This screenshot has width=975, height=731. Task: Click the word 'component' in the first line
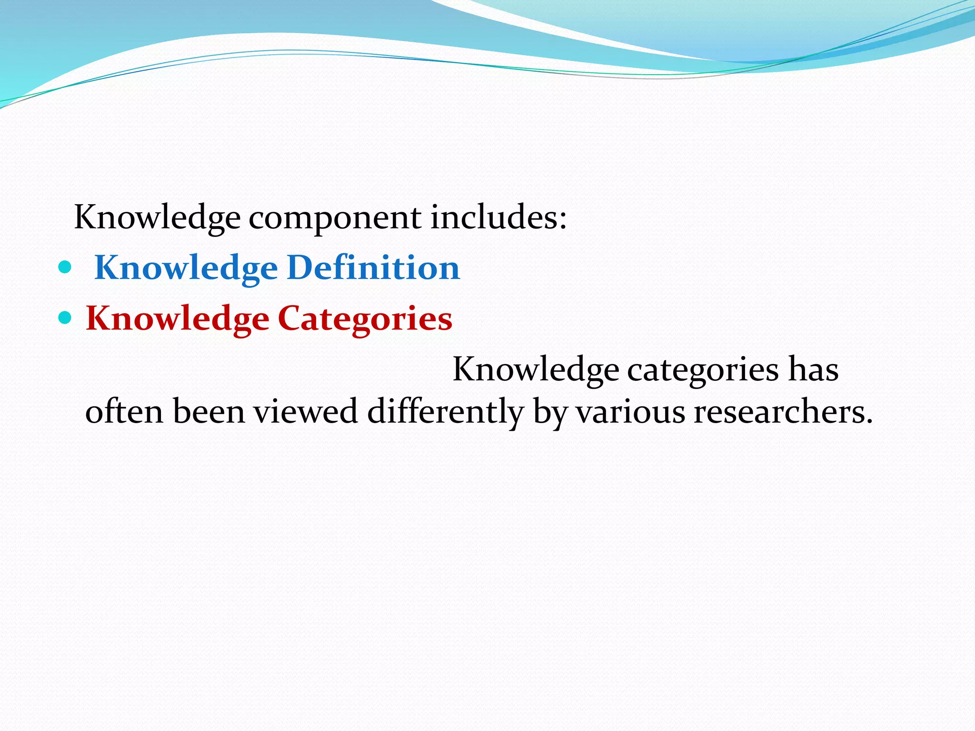(x=335, y=218)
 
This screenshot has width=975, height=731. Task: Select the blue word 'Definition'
(x=374, y=267)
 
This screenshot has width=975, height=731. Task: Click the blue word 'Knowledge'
(x=186, y=268)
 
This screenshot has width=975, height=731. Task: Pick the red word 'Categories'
(x=365, y=319)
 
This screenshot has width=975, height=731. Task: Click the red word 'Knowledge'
(x=177, y=319)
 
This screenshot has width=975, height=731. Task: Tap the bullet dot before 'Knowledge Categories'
(x=64, y=317)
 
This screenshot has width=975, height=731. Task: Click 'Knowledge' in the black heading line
(x=157, y=218)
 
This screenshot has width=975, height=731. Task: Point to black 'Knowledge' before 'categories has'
(x=536, y=370)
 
